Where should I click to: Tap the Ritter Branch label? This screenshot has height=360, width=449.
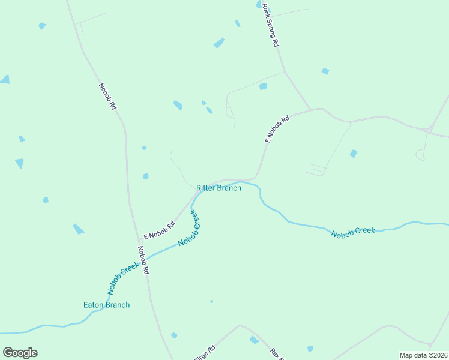click(218, 188)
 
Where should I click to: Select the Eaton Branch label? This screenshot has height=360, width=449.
click(106, 305)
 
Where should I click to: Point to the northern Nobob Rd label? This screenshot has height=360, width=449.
click(107, 96)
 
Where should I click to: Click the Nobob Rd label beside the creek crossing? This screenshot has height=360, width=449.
click(143, 260)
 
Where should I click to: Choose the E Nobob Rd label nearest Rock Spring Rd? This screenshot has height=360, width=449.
click(277, 128)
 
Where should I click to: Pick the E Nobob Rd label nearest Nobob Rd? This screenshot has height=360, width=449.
click(159, 230)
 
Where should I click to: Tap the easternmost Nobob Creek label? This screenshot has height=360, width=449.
click(353, 231)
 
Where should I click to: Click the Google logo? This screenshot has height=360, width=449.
click(20, 353)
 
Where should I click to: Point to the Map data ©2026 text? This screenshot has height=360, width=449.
click(423, 355)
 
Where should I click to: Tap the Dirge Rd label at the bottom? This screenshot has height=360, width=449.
click(205, 354)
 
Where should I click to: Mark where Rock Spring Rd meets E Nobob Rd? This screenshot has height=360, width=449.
click(310, 110)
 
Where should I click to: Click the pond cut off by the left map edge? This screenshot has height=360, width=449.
click(5, 79)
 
